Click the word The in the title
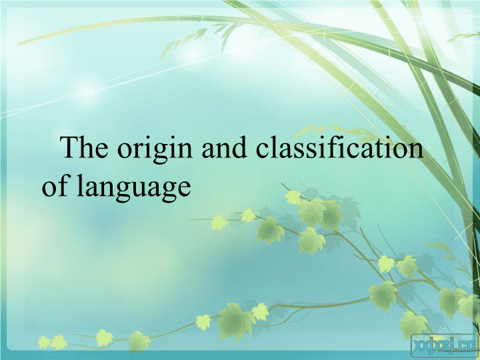(84, 147)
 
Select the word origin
(155, 150)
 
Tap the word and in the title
(225, 147)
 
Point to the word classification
(340, 147)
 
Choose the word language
(134, 187)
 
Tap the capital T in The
(69, 147)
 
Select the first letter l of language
(80, 185)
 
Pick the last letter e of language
(185, 188)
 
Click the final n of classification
(416, 151)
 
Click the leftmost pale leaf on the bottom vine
(44, 342)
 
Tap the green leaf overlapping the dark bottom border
(139, 341)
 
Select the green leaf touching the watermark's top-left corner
(413, 325)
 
